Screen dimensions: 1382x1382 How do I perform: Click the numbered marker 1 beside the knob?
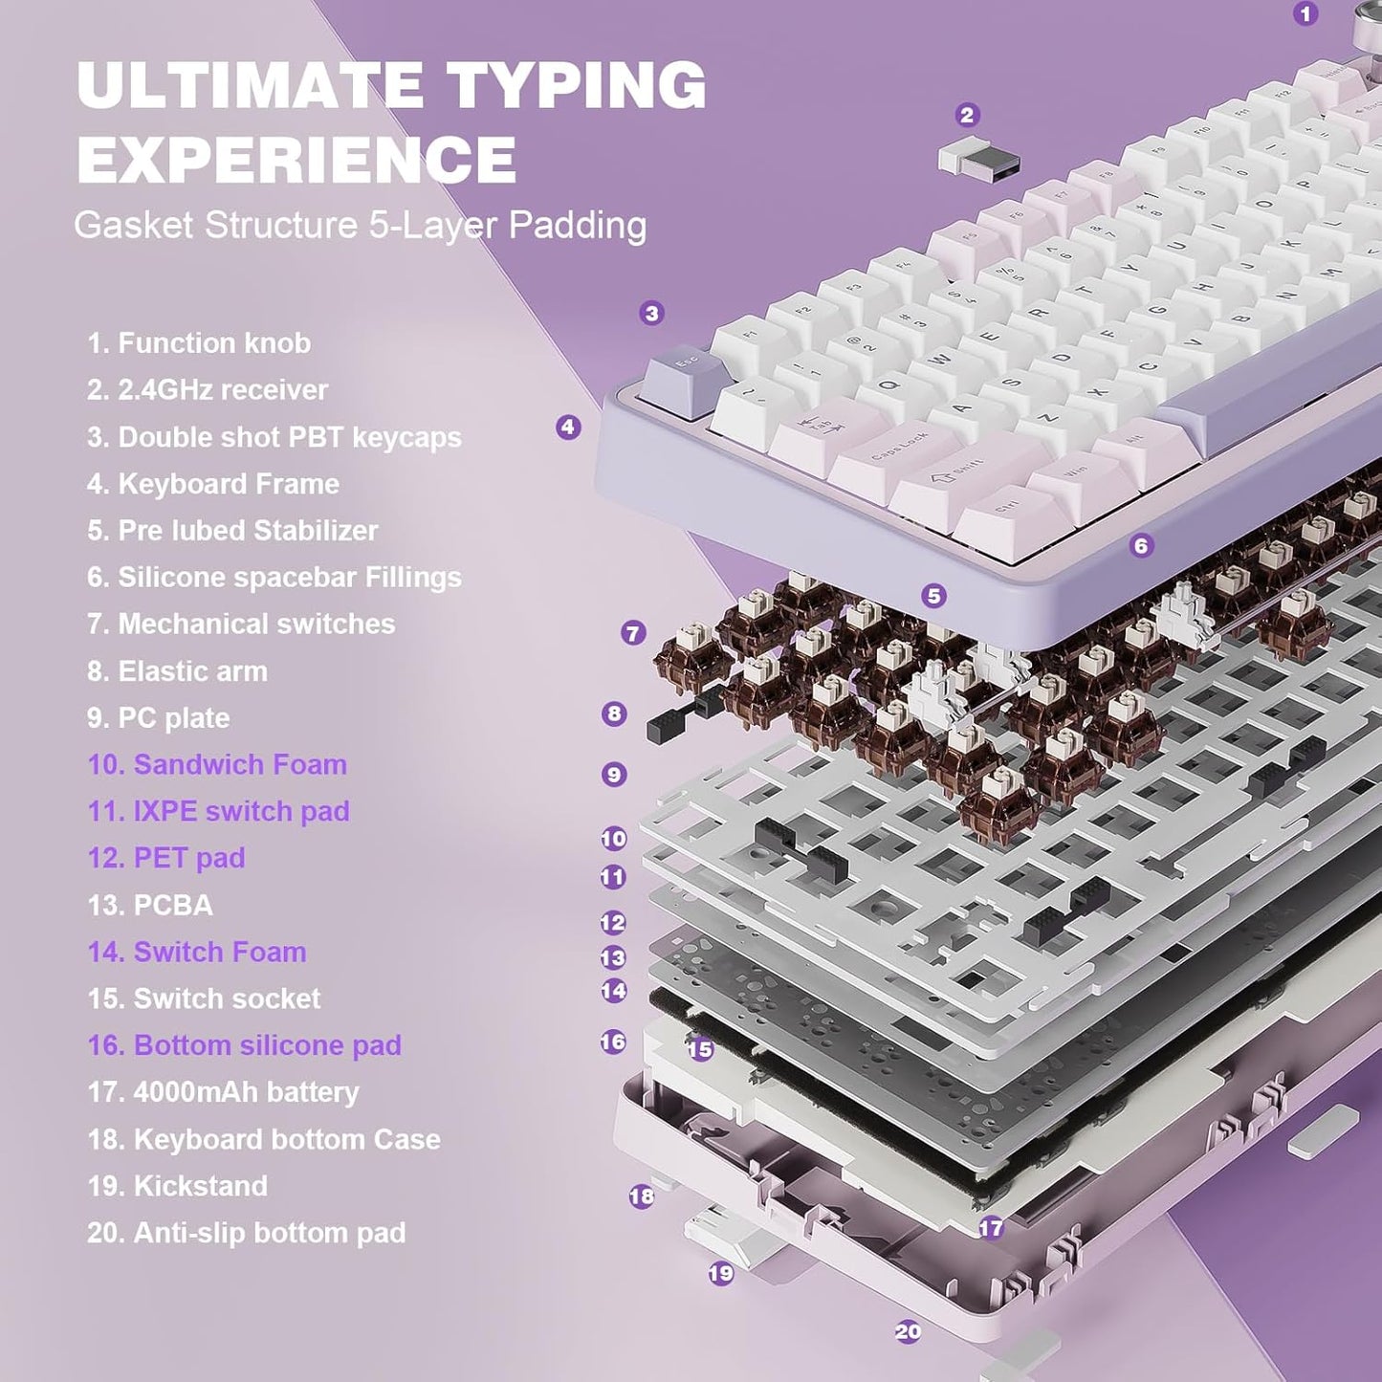point(1305,13)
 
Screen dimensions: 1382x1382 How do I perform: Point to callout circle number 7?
point(633,633)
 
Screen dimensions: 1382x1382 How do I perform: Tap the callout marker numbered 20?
point(908,1331)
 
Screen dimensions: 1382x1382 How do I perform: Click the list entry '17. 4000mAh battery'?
point(223,1092)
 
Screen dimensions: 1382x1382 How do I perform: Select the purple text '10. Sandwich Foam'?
point(217,765)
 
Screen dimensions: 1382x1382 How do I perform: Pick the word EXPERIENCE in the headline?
point(296,159)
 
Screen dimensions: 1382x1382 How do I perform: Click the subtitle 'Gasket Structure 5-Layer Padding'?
point(360,226)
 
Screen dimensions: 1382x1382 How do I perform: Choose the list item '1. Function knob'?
point(199,343)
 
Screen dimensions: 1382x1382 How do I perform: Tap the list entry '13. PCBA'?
point(150,905)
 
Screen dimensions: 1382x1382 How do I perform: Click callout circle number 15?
point(700,1049)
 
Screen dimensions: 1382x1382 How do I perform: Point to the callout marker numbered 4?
point(568,428)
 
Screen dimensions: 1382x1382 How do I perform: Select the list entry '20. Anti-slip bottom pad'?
point(246,1233)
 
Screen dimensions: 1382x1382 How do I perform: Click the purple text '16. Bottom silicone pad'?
point(244,1045)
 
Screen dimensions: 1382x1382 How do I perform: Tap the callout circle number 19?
point(721,1273)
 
